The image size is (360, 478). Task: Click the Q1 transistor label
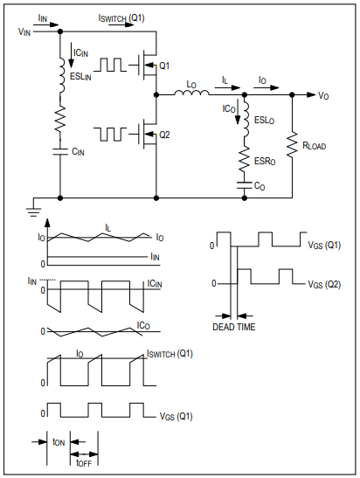tap(164, 66)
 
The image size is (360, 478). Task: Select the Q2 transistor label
tap(164, 135)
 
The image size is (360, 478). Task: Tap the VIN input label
tap(24, 31)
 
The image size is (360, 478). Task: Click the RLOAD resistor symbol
tap(292, 145)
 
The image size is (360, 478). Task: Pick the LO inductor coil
tap(191, 93)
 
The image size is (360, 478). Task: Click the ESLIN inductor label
tap(80, 77)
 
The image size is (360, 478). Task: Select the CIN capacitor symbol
tap(60, 151)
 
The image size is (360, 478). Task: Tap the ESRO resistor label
tap(265, 162)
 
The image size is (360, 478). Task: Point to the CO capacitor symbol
tap(244, 185)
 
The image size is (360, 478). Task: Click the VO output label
tap(323, 96)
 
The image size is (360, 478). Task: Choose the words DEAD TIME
tap(234, 327)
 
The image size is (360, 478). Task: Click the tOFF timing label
tap(84, 463)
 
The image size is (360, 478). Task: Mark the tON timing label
tap(59, 442)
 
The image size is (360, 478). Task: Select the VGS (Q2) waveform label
tap(324, 285)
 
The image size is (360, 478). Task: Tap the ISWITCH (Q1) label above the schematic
tap(121, 18)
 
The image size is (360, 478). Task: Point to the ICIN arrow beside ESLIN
tap(71, 55)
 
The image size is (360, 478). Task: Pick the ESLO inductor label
tap(264, 120)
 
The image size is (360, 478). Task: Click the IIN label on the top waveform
tap(155, 257)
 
